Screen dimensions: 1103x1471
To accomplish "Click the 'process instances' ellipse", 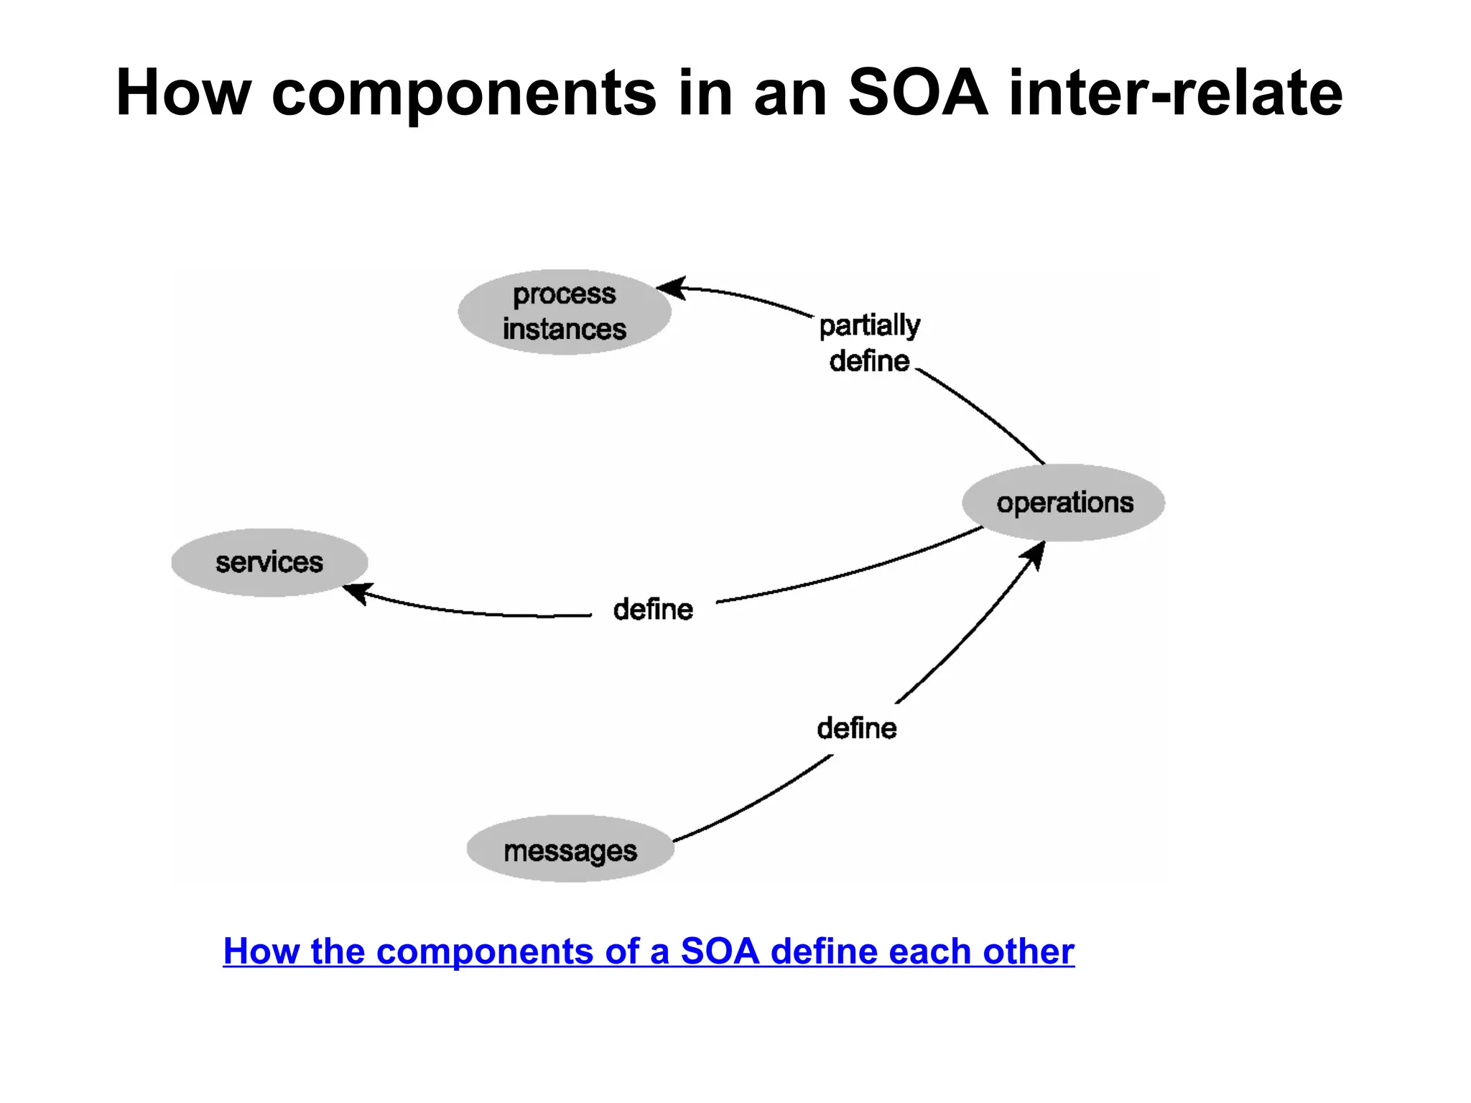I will pyautogui.click(x=565, y=312).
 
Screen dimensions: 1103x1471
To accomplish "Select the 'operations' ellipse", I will pyautogui.click(x=1064, y=503).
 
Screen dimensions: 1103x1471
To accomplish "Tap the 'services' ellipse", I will pyautogui.click(x=269, y=562).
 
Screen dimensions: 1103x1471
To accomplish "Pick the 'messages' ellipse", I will pyautogui.click(x=570, y=850).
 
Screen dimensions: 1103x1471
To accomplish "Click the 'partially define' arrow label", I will pyautogui.click(x=870, y=343).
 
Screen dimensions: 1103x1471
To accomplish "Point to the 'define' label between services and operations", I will pyautogui.click(x=653, y=610).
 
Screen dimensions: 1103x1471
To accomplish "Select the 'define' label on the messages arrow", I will pyautogui.click(x=857, y=729).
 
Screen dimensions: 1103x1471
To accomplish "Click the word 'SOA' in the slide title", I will pyautogui.click(x=918, y=92).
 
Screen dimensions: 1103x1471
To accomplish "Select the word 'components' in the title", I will pyautogui.click(x=464, y=92).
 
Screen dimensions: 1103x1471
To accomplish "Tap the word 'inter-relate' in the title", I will pyautogui.click(x=1176, y=92).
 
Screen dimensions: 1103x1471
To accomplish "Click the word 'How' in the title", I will pyautogui.click(x=183, y=92).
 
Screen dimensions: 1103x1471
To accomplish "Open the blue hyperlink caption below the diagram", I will pyautogui.click(x=649, y=951).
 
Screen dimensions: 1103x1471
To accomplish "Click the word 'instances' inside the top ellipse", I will pyautogui.click(x=565, y=330).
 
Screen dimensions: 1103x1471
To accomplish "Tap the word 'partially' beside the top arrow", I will pyautogui.click(x=870, y=325).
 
